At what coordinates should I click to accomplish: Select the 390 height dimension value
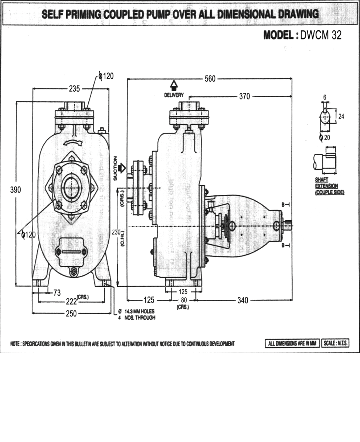[16, 190]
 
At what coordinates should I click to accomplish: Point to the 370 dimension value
[244, 96]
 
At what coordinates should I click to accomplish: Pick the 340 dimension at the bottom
[242, 300]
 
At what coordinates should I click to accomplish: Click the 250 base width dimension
[71, 313]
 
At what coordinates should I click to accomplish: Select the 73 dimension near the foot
[57, 293]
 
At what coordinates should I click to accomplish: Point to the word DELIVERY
[174, 95]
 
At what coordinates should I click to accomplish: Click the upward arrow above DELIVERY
[174, 85]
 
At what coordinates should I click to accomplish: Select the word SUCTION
[115, 168]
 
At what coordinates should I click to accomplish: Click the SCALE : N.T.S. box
[336, 343]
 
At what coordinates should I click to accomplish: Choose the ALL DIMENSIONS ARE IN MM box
[292, 343]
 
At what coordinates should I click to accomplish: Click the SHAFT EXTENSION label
[329, 186]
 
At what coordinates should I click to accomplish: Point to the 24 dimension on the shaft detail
[341, 116]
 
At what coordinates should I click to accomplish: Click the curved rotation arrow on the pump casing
[71, 142]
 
